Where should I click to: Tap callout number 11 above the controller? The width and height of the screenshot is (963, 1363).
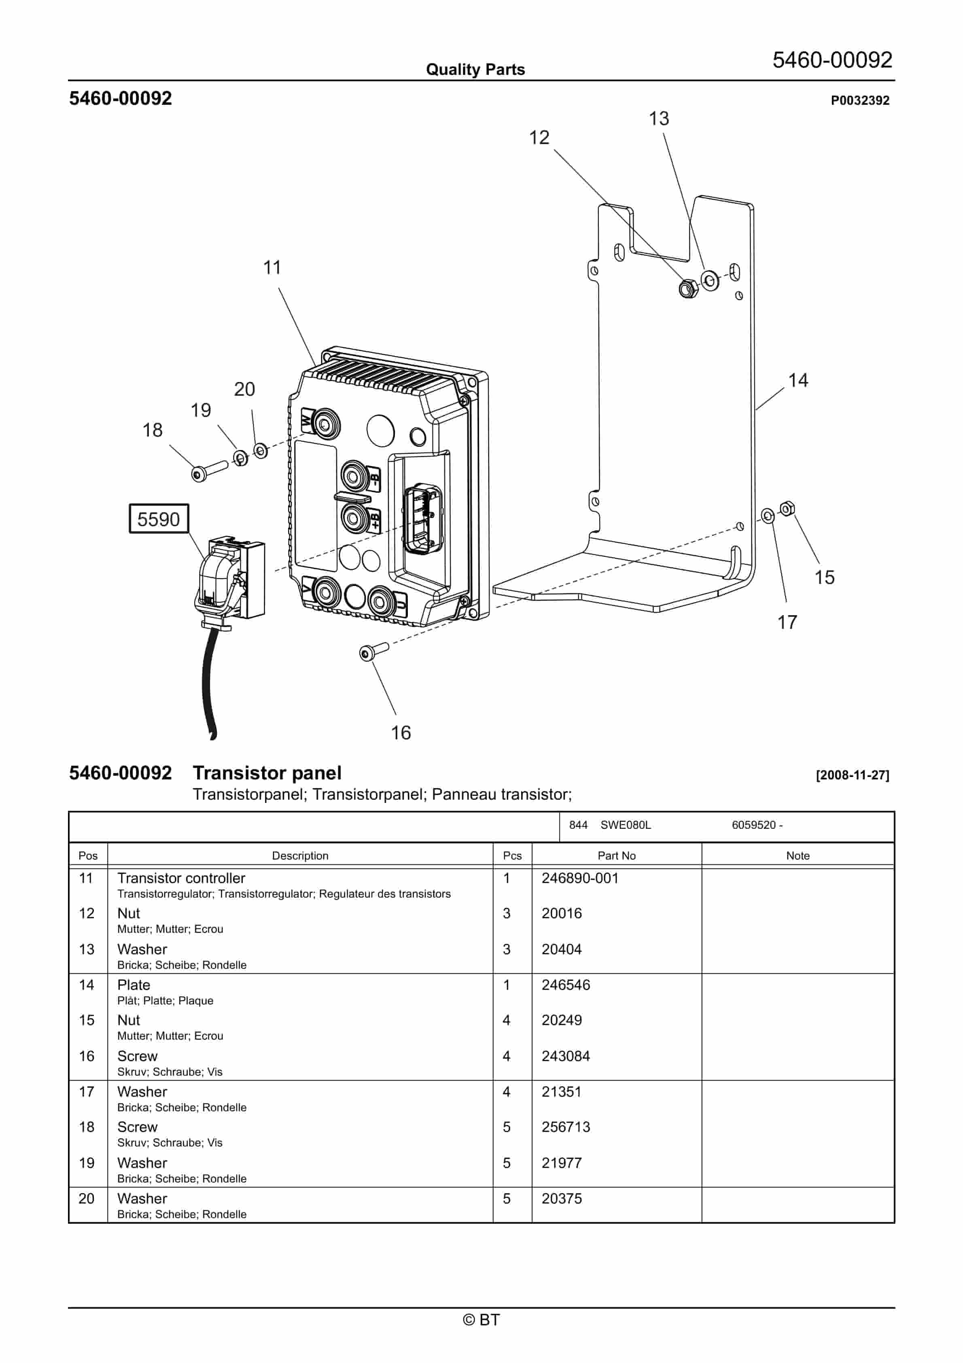click(x=272, y=268)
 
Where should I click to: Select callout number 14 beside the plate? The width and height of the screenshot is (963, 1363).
click(x=798, y=380)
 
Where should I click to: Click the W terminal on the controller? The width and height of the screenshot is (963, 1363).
click(x=325, y=424)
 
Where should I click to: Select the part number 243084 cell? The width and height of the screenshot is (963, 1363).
click(x=565, y=1056)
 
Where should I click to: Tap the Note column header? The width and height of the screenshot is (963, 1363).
click(x=798, y=856)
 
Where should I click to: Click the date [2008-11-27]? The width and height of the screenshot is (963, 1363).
click(x=852, y=775)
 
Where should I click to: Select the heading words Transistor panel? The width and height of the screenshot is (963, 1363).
click(x=267, y=773)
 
